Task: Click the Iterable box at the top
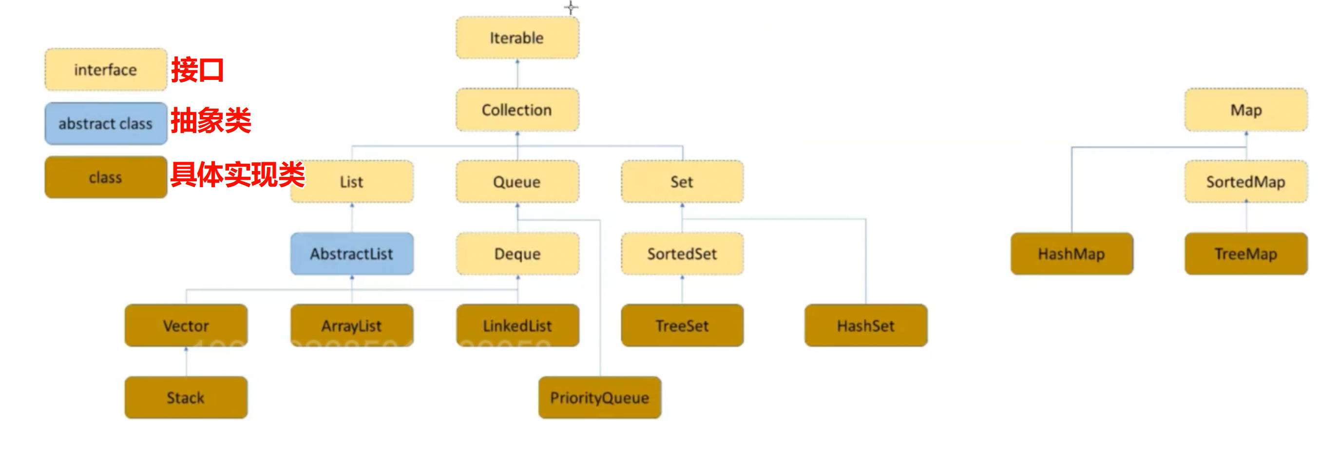(517, 38)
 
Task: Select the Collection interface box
(517, 110)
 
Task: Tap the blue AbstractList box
(352, 254)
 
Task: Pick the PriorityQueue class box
(600, 398)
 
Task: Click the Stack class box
(186, 398)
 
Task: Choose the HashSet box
(866, 326)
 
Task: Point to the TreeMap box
(1246, 254)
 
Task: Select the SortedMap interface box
(1246, 182)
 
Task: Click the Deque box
(517, 254)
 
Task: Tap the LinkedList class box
(517, 326)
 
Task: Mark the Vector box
(186, 326)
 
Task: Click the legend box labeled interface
(106, 70)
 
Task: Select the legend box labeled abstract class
(106, 124)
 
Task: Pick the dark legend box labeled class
(106, 177)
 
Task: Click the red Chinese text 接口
(197, 70)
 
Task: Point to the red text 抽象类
(211, 120)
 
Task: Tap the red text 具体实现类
(238, 174)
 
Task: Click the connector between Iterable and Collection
(517, 74)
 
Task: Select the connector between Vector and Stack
(186, 362)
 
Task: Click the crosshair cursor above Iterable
(571, 7)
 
